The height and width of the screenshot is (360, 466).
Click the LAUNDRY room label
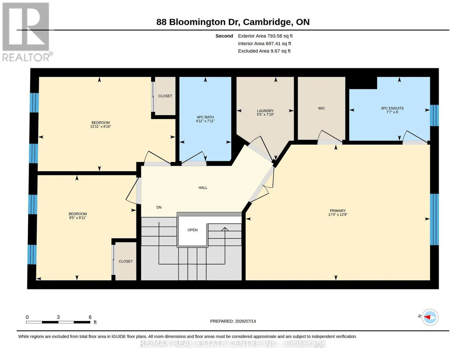pyautogui.click(x=265, y=111)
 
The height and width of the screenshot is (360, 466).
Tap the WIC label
pyautogui.click(x=321, y=108)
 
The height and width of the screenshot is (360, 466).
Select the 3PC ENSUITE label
pyautogui.click(x=392, y=108)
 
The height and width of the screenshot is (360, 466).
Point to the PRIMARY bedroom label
pyautogui.click(x=338, y=211)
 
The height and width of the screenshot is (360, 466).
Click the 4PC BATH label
pyautogui.click(x=205, y=117)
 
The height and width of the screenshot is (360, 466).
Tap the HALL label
pyautogui.click(x=203, y=188)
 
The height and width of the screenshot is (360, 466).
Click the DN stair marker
pyautogui.click(x=159, y=207)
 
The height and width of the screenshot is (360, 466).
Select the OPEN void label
pyautogui.click(x=193, y=230)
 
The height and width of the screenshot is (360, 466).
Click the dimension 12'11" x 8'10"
pyautogui.click(x=101, y=127)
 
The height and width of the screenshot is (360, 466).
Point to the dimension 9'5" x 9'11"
pyautogui.click(x=78, y=218)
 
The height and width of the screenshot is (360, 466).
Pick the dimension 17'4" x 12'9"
pyautogui.click(x=338, y=214)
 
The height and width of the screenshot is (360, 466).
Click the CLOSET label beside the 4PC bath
pyautogui.click(x=165, y=96)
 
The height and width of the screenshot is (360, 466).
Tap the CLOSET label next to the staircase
pyautogui.click(x=126, y=261)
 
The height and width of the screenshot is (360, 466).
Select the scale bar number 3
pyautogui.click(x=58, y=317)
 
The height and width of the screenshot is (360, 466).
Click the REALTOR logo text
pyautogui.click(x=26, y=58)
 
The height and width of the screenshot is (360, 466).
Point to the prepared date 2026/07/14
pyautogui.click(x=245, y=321)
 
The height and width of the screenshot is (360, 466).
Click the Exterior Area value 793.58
pyautogui.click(x=274, y=36)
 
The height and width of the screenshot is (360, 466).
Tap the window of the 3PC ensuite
pyautogui.click(x=434, y=115)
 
